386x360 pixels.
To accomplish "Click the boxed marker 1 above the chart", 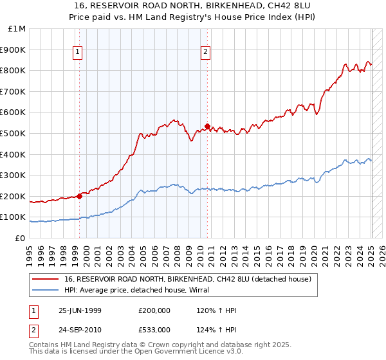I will (77, 53).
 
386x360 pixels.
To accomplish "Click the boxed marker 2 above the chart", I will (205, 53).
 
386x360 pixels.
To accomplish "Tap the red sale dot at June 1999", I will (80, 196).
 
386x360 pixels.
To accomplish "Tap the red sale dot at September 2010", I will (208, 126).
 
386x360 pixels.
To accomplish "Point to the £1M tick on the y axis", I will (17, 29).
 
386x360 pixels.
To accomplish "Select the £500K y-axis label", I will (14, 134).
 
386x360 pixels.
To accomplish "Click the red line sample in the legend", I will (46, 278).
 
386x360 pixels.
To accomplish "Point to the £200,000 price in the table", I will (155, 310).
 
